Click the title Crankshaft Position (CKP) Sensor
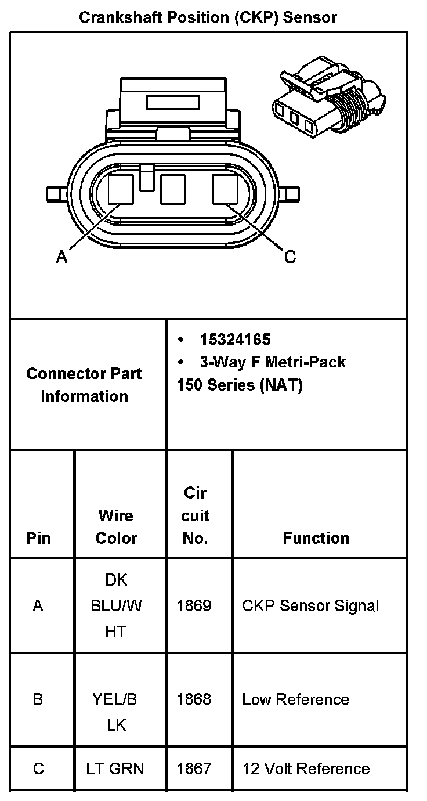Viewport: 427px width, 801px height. pos(208,17)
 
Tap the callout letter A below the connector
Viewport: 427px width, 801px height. pos(61,257)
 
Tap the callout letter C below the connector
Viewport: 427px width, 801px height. pos(290,256)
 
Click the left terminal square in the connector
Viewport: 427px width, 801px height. pos(122,189)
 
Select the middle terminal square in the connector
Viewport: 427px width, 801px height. pos(173,189)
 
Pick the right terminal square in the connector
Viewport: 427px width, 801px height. pos(225,189)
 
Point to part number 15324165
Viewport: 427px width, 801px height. pos(235,340)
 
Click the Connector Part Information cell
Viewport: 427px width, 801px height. pos(84,384)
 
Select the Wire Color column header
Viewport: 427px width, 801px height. pos(116,526)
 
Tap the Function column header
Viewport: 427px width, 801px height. pos(316,538)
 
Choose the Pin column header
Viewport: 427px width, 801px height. pos(38,538)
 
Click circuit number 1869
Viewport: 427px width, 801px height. pos(194,606)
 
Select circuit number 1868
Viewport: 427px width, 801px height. pos(194,699)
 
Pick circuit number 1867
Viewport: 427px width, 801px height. pos(194,769)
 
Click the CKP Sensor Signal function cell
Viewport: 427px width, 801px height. pos(310,606)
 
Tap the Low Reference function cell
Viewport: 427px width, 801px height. pos(295,699)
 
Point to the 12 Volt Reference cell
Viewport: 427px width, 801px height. pos(306,769)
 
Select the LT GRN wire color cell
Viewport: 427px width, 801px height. pos(115,769)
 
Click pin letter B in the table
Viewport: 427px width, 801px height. pos(38,699)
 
